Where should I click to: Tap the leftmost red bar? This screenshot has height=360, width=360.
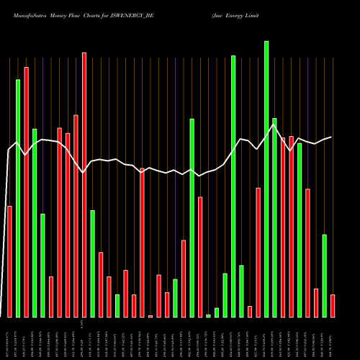tap(10, 261)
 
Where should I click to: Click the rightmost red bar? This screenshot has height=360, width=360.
tap(333, 305)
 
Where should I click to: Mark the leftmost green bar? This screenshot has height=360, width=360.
tap(18, 198)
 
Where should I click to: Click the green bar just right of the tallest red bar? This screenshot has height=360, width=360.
tap(92, 264)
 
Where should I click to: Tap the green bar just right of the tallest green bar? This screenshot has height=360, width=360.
tap(274, 217)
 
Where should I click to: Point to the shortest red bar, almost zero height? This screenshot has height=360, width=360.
tap(150, 315)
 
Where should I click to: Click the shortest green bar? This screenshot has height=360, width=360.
tap(208, 315)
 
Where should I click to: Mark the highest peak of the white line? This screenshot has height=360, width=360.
tap(274, 125)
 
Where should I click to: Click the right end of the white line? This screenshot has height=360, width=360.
tap(331, 137)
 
